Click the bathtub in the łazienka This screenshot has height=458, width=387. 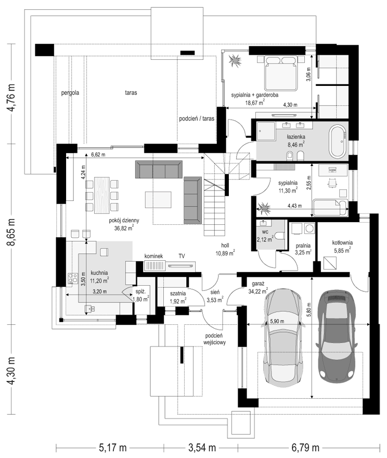tap(338, 142)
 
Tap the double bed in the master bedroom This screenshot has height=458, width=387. tap(280, 73)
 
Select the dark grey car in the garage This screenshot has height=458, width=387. tap(337, 334)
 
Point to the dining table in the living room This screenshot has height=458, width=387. tap(101, 195)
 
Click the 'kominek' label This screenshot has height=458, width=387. tap(153, 256)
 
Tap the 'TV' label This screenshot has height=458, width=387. tap(182, 256)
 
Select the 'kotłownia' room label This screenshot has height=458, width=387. tap(342, 243)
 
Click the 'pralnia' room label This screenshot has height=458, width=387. tap(303, 246)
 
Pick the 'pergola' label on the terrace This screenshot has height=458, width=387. tap(70, 93)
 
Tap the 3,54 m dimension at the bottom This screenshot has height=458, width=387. tap(202, 447)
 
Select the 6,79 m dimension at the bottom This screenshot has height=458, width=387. tap(305, 447)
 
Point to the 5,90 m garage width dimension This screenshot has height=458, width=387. tap(277, 321)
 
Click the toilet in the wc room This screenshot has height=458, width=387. tap(279, 235)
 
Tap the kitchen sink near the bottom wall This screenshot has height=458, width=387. tap(89, 309)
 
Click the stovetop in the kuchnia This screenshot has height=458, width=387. tap(72, 278)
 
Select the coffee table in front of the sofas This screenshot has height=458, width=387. tap(158, 199)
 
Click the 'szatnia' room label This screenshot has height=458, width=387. tap(178, 294)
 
